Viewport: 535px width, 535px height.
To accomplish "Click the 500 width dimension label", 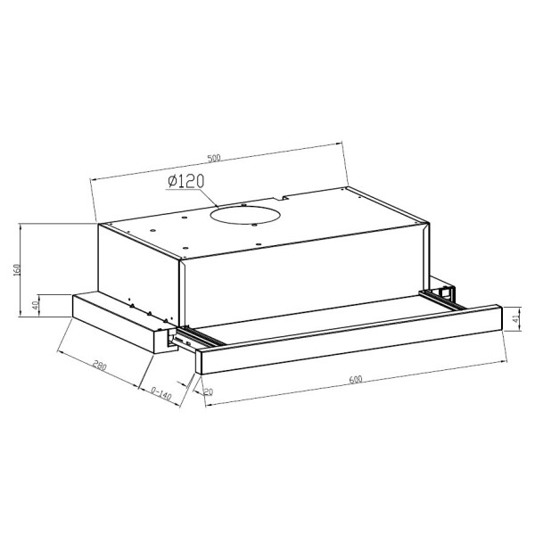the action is coord(214,158).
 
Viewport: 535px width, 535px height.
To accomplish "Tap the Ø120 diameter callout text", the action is coord(186,181).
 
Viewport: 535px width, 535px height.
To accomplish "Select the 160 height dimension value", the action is coord(18,269).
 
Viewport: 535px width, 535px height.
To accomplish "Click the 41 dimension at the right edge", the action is coord(515,319).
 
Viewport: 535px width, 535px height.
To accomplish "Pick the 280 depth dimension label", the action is coord(100,366).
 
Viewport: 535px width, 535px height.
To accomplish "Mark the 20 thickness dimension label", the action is coord(208,391).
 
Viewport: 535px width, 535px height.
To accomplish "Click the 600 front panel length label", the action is coord(356,379).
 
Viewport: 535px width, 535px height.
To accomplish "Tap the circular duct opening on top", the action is coord(246,216).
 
